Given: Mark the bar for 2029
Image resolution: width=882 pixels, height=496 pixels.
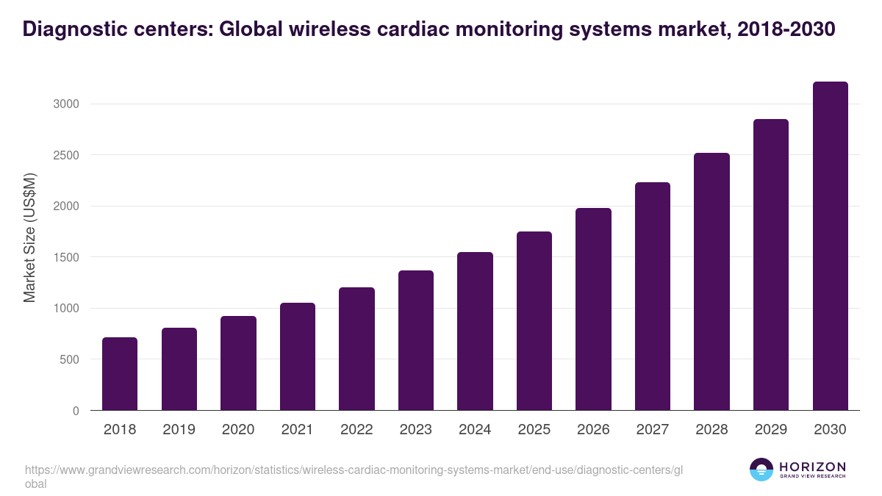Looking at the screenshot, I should tap(771, 265).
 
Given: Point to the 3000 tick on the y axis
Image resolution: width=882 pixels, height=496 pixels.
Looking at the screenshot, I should tap(65, 104).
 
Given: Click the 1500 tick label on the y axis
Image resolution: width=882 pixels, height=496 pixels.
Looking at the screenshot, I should tap(65, 258).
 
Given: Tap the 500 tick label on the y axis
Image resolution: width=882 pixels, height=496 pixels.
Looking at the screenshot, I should tap(69, 360).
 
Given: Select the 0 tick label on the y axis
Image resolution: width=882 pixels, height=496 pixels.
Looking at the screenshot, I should tap(76, 411).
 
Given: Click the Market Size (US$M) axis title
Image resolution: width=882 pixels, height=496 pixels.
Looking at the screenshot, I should tap(29, 237).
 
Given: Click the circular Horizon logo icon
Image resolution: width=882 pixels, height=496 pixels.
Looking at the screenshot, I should tap(761, 470).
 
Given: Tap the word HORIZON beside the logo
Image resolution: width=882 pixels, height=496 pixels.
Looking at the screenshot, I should tap(812, 467).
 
